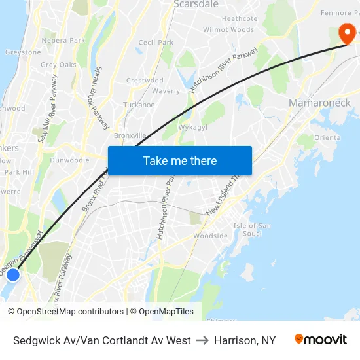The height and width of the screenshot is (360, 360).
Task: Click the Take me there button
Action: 180,160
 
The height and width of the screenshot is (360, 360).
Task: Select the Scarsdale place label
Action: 196,4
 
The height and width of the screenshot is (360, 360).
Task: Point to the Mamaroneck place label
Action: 319,103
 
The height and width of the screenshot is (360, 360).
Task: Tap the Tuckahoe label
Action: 139,105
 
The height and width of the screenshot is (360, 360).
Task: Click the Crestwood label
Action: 145,81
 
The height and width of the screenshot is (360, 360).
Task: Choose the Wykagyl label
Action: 192,127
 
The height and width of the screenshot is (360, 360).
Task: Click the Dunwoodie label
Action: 69,159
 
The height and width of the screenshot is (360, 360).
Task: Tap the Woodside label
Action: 210,236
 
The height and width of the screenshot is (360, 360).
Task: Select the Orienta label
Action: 327,137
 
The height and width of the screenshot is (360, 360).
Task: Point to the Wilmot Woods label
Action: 228,30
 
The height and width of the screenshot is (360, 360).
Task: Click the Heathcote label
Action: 240,19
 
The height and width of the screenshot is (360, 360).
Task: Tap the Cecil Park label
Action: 156,43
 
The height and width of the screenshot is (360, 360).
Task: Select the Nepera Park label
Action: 63,40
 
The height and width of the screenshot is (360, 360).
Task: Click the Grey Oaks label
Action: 58,65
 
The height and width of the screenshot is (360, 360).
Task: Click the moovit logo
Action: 321,340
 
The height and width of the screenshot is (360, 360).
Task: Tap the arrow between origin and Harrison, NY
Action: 202,340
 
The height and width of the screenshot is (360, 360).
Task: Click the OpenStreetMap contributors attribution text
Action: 68,312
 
